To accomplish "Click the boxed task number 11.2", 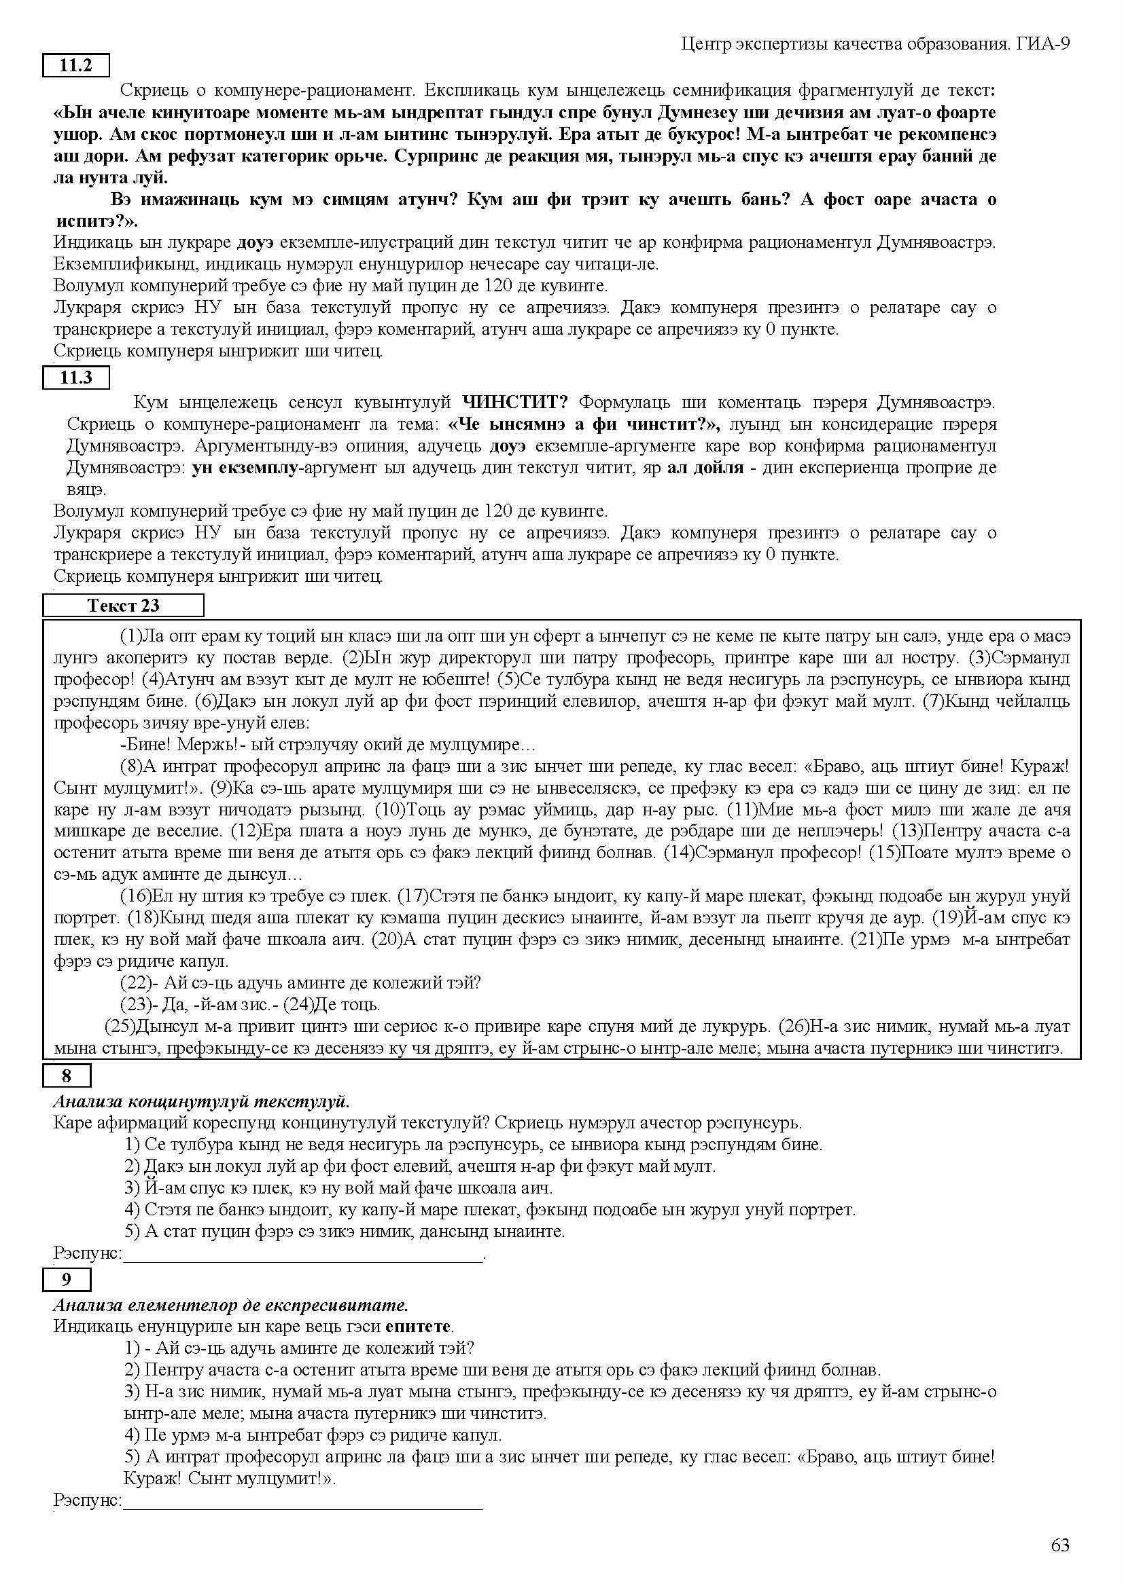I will coord(76,66).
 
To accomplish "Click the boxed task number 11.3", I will coord(76,377).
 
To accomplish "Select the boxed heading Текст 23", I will coord(123,605).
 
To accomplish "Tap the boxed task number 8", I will coord(67,1075).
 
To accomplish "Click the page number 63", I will coord(1059,1545).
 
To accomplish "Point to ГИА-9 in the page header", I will coord(1044,44).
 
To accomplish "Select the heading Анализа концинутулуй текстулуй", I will coord(201,1101).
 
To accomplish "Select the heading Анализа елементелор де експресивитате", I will coord(230,1305).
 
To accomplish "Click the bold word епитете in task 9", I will coord(418,1327).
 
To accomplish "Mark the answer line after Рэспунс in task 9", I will coord(302,1500).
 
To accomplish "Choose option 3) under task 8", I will coord(339,1187).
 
